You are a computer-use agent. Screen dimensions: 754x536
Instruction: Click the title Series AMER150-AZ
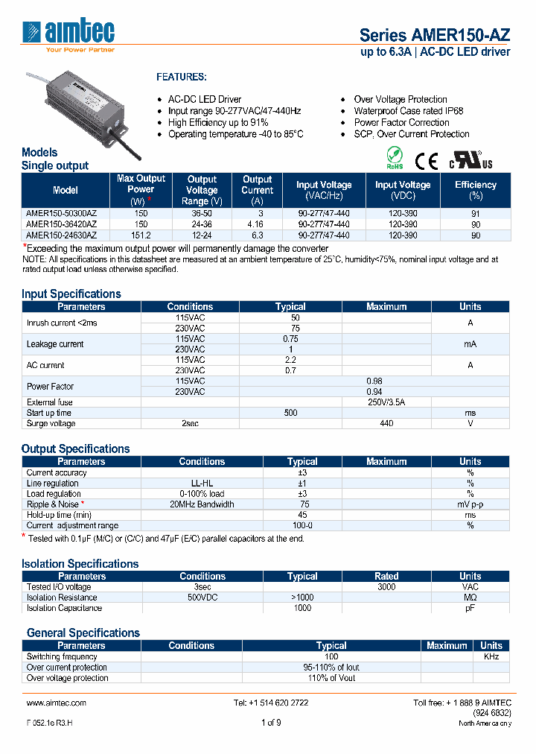(x=434, y=34)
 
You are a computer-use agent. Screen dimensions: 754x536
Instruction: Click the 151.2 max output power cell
(x=141, y=235)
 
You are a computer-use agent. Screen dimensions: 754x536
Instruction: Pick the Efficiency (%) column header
(x=475, y=190)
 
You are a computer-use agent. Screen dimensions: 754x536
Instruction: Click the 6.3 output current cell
(x=258, y=235)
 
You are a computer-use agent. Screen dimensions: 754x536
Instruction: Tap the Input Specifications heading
(x=71, y=294)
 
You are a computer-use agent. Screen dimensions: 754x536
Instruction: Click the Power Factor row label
(x=50, y=386)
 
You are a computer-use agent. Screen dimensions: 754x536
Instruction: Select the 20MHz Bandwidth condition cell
(x=202, y=504)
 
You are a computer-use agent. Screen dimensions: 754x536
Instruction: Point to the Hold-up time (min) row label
(x=59, y=515)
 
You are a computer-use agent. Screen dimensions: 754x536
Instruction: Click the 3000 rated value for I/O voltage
(x=386, y=586)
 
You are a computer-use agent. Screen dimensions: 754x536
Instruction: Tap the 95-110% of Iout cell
(x=331, y=668)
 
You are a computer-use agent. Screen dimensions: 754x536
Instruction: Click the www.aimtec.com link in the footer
(x=57, y=703)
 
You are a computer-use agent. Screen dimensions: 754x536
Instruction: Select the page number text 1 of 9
(x=271, y=723)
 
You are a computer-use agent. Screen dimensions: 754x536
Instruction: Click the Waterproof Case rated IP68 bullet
(x=408, y=111)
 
